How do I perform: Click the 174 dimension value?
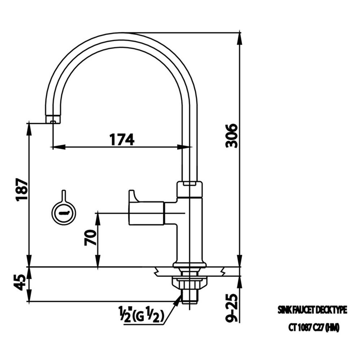(122, 139)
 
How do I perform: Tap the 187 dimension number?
(22, 190)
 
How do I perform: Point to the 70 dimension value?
(91, 238)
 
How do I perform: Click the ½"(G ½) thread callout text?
(141, 316)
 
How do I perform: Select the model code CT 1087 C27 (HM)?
(313, 327)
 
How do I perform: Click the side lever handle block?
(147, 213)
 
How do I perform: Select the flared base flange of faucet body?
(189, 265)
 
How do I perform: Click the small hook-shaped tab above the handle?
(132, 196)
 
